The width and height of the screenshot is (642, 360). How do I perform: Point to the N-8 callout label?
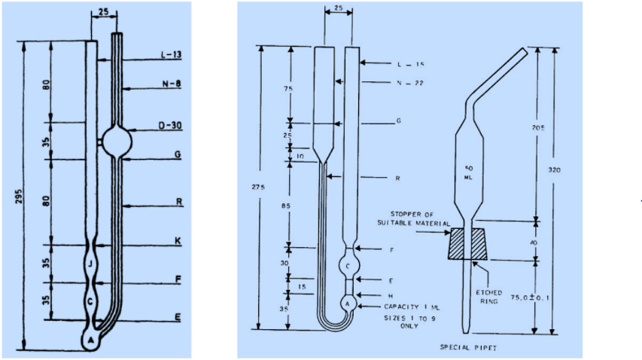pos(172,85)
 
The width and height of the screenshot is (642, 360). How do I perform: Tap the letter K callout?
pos(178,241)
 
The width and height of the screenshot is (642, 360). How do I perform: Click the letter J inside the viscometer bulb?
pos(90,264)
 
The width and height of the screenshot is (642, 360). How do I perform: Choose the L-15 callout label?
pos(409,65)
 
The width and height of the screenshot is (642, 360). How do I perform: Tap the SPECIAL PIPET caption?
pos(468,347)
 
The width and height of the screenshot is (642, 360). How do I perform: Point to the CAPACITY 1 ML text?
pos(412,307)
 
